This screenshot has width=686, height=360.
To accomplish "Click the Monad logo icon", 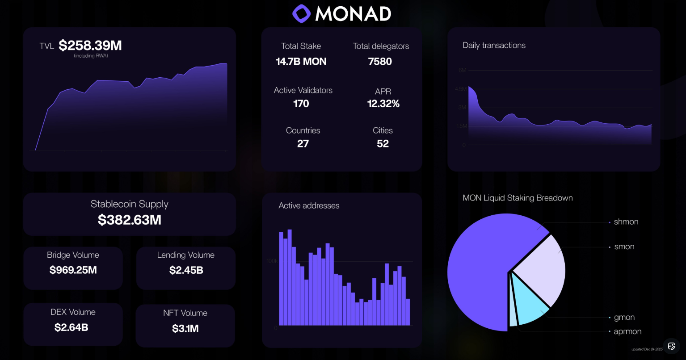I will [301, 14].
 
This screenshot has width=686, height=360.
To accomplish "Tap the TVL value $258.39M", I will [90, 46].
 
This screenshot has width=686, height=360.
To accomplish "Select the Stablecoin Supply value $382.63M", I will [129, 220].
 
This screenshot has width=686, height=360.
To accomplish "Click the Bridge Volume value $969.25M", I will [73, 270].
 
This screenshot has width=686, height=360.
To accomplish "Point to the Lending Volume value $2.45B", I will [186, 270].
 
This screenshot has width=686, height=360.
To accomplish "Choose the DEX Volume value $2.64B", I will [72, 327].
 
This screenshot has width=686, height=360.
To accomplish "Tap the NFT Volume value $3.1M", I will [185, 329].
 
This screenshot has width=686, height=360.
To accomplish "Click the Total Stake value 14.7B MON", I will [301, 62].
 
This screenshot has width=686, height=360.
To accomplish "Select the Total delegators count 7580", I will [380, 62].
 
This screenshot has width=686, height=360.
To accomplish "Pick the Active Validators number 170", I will [301, 104].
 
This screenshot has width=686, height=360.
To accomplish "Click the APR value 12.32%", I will [383, 104].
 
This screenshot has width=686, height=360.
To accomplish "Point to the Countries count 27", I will [303, 144].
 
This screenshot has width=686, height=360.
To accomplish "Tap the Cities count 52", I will [383, 144].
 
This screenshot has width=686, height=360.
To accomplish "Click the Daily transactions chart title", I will [494, 45].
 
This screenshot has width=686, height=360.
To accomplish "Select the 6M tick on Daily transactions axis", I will [462, 71].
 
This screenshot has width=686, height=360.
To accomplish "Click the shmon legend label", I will [626, 222].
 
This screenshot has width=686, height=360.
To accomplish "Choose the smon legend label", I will [624, 247].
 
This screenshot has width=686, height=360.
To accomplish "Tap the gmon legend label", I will [624, 318].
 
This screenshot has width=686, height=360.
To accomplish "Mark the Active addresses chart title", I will [309, 205].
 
